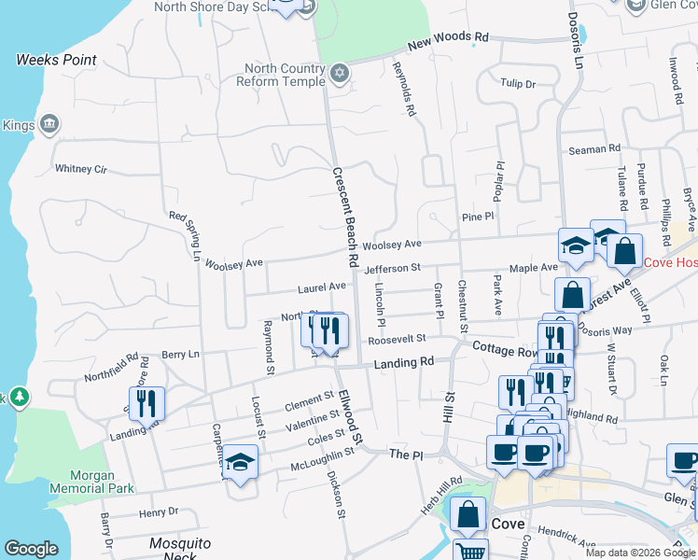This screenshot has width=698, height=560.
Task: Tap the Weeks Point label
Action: (56, 60)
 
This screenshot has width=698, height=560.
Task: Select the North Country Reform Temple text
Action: (284, 75)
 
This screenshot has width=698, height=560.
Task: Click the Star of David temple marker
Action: (340, 72)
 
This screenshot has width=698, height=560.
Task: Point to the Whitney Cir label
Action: (81, 169)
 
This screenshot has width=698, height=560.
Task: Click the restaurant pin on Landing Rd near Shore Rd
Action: (146, 403)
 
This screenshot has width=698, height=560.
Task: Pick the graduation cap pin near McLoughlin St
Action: (241, 462)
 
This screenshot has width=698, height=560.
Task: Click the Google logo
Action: (31, 549)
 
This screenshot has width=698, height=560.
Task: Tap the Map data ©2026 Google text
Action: (639, 553)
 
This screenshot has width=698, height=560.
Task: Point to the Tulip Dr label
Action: (517, 84)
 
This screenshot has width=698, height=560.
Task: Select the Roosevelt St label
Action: (397, 340)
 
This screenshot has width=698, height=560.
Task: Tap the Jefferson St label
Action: (393, 269)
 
